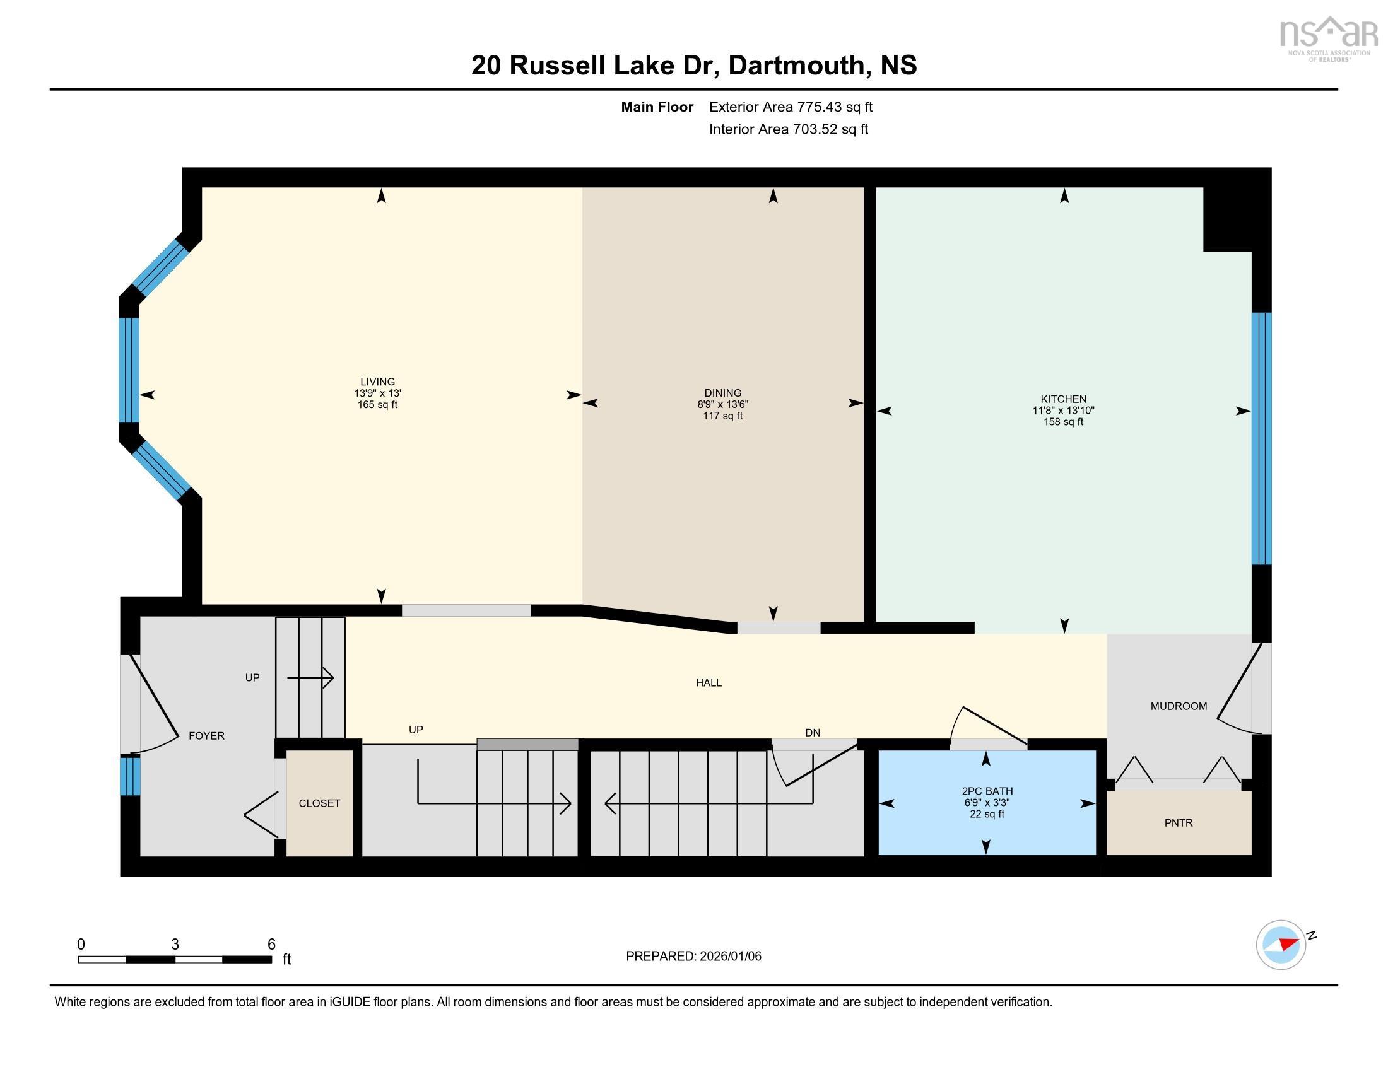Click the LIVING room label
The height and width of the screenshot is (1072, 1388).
[x=377, y=382]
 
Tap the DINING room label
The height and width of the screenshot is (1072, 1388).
[x=722, y=393]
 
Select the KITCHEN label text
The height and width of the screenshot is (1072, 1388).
[x=1063, y=399]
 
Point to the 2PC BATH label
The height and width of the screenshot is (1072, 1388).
[x=987, y=791]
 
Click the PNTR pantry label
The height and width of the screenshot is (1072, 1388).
[x=1179, y=823]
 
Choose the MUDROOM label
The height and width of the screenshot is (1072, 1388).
[x=1179, y=706]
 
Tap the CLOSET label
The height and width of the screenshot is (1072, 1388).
[x=320, y=803]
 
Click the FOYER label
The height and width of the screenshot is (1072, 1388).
[x=206, y=736]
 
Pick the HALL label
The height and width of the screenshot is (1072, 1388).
[x=709, y=683]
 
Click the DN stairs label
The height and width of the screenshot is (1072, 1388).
[x=812, y=733]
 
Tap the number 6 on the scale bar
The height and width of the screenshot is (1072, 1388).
[x=271, y=945]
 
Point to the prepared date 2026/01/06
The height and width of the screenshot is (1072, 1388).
[x=693, y=957]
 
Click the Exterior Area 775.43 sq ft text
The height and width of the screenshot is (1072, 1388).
[x=791, y=107]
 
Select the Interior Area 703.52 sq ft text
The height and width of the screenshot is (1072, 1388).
[x=788, y=129]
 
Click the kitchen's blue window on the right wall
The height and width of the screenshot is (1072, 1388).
[x=1261, y=438]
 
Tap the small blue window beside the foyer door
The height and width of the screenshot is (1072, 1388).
[x=129, y=776]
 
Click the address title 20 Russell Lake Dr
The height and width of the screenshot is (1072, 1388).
[x=694, y=66]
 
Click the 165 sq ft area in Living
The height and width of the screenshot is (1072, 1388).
[x=377, y=405]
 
